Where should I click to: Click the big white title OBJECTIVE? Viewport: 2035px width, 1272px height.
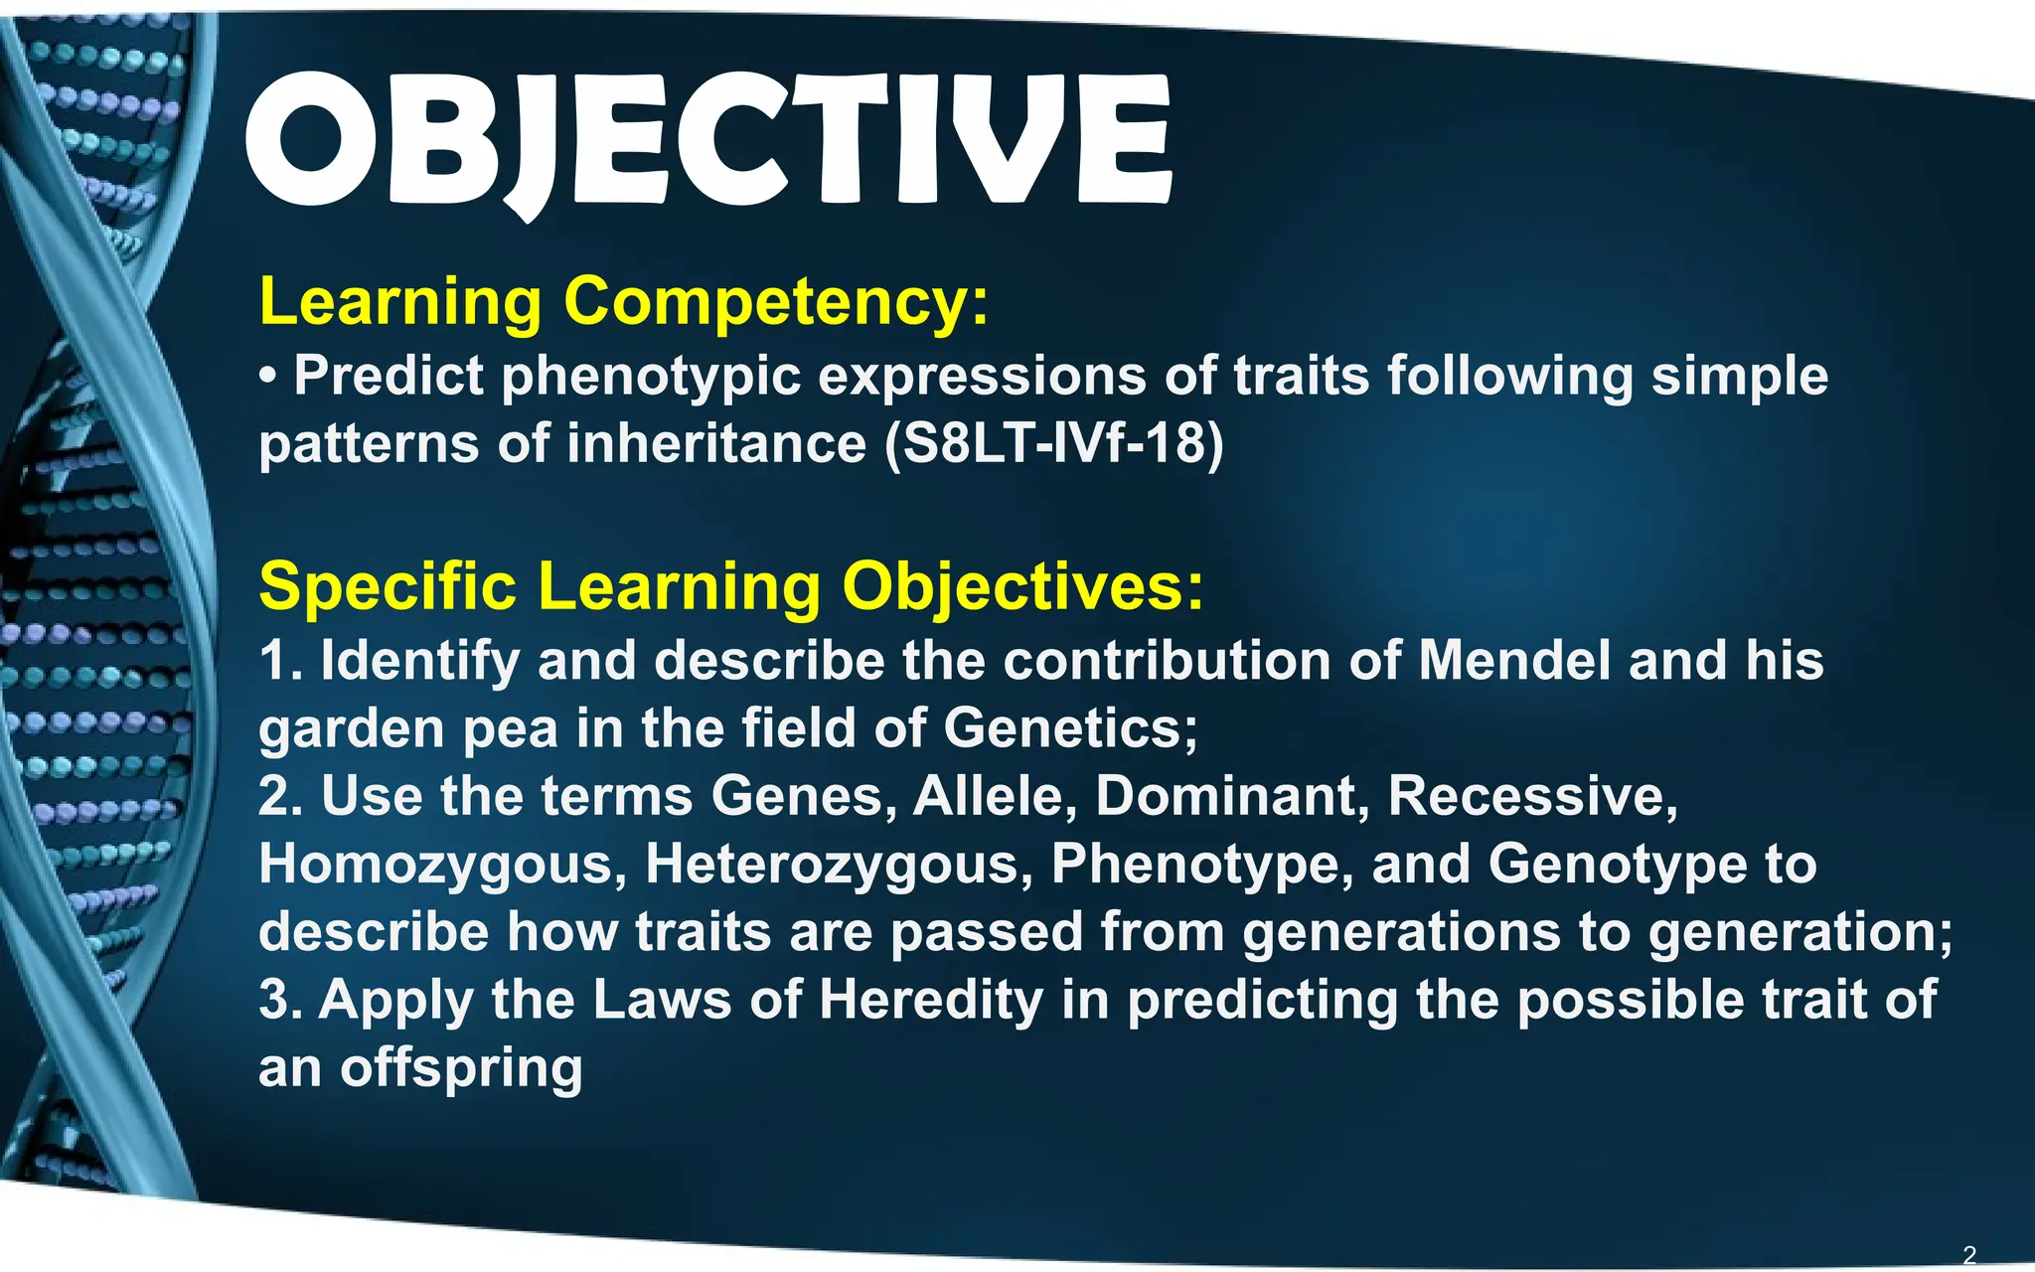(708, 141)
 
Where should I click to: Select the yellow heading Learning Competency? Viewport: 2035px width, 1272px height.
(624, 301)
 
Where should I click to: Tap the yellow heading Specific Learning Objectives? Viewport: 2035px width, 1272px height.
(730, 585)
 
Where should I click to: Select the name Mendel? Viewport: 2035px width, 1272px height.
(1514, 661)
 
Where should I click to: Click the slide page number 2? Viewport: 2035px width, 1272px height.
(1969, 1255)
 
